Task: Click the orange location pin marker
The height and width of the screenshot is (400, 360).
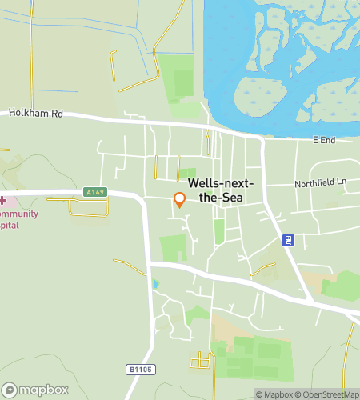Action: pyautogui.click(x=180, y=200)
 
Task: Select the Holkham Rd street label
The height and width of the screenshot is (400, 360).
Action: pyautogui.click(x=35, y=114)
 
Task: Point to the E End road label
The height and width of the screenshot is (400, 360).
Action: pyautogui.click(x=323, y=141)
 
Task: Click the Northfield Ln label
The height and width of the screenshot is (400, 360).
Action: pyautogui.click(x=322, y=182)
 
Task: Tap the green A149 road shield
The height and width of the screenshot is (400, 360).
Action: pyautogui.click(x=94, y=192)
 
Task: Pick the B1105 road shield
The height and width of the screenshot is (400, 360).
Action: pyautogui.click(x=138, y=369)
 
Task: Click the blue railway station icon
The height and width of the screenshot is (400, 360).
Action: pyautogui.click(x=288, y=239)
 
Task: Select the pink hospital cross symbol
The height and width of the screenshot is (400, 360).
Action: pyautogui.click(x=2, y=200)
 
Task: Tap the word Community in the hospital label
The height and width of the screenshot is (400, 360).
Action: pyautogui.click(x=16, y=214)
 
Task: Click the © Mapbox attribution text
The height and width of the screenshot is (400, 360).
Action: pyautogui.click(x=274, y=394)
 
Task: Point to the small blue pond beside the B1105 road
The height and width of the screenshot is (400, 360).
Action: pyautogui.click(x=155, y=283)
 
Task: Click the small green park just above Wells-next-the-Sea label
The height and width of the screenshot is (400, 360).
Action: pyautogui.click(x=187, y=172)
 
